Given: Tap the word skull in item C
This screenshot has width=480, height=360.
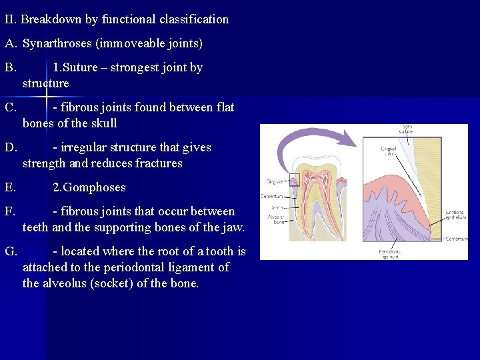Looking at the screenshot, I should pyautogui.click(x=102, y=123).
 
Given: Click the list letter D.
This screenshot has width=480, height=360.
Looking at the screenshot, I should pyautogui.click(x=10, y=147).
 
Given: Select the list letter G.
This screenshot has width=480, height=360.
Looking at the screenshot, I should pyautogui.click(x=10, y=251).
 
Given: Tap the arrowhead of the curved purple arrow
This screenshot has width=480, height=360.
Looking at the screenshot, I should pyautogui.click(x=354, y=137).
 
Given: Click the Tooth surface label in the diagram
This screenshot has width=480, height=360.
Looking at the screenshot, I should pyautogui.click(x=406, y=129).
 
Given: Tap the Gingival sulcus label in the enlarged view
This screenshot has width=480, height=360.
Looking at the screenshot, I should pyautogui.click(x=388, y=150).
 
